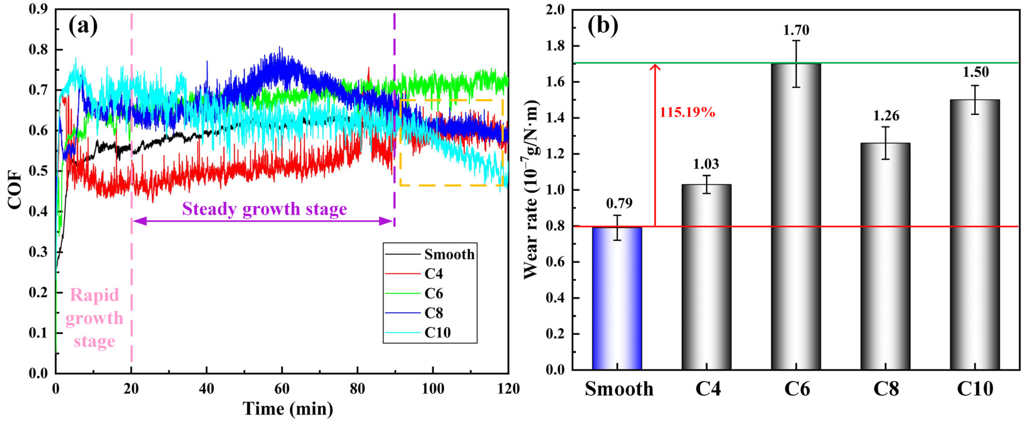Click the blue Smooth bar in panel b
(617, 298)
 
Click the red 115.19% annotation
(687, 112)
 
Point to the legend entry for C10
(437, 333)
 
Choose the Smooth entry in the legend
(449, 254)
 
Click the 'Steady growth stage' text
(264, 209)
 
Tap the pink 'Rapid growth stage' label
(94, 318)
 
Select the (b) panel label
(603, 26)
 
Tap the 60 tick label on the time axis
(282, 389)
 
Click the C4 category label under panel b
(708, 389)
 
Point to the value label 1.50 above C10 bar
(975, 72)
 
